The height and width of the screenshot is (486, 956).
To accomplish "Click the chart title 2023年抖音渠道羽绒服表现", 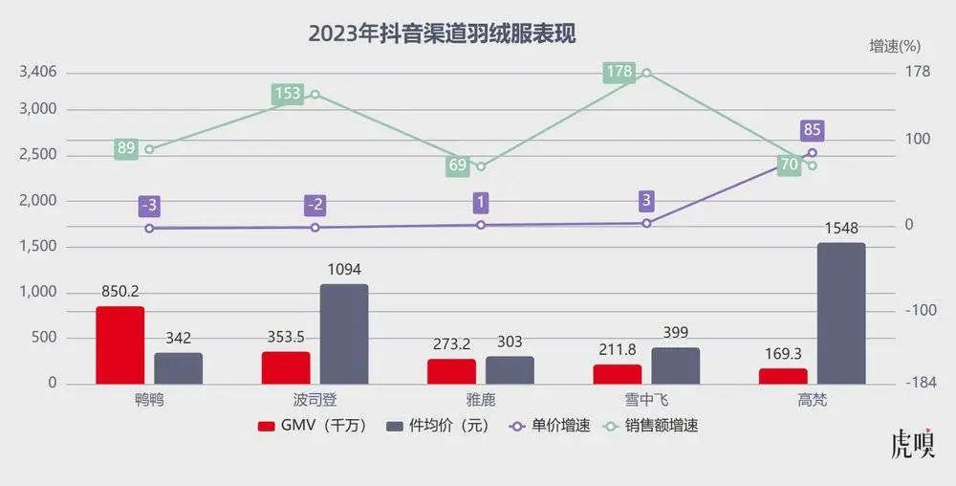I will [441, 33].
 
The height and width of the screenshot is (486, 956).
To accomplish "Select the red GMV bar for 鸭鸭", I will [119, 345].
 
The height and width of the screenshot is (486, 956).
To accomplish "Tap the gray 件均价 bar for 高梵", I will [841, 314].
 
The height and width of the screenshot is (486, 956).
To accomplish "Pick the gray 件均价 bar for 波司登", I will [344, 334].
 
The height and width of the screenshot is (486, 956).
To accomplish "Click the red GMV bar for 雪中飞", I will [618, 374].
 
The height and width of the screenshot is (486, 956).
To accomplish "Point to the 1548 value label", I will [841, 229].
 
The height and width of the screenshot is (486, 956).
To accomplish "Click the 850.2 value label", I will [120, 292].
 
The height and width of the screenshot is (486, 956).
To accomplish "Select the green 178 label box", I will [619, 72].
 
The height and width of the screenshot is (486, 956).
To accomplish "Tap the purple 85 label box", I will [813, 130].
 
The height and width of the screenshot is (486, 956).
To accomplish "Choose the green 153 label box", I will [288, 94].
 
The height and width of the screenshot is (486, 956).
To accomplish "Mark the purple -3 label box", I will [149, 206].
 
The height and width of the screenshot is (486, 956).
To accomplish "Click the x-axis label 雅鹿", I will [480, 399].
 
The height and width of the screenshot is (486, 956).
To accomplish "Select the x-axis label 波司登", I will [315, 399].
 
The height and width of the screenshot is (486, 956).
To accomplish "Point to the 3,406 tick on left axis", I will [38, 72].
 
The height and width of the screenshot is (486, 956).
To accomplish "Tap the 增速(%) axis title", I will [894, 45].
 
